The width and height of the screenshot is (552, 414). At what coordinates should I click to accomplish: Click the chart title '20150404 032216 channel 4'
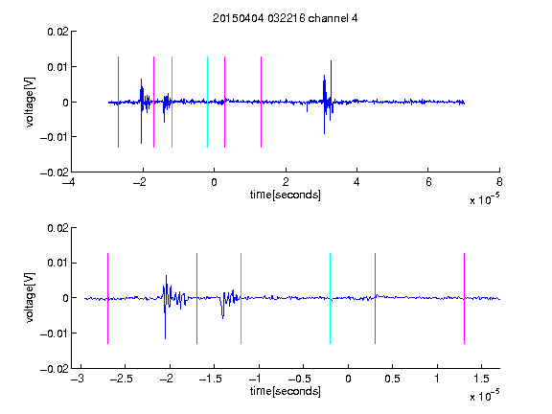(286, 18)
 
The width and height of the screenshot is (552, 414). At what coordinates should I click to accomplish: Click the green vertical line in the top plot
(172, 102)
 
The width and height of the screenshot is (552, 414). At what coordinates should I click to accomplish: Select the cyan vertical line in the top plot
(207, 102)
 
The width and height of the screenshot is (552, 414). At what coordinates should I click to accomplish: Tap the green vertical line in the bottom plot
(241, 298)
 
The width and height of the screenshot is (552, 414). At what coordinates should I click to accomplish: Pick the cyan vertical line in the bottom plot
(330, 298)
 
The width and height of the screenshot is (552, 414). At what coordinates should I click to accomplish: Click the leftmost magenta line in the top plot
(118, 102)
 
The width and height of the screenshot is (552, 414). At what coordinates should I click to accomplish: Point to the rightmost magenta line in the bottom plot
(464, 298)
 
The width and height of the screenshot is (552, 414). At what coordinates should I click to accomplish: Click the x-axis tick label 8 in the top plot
(499, 182)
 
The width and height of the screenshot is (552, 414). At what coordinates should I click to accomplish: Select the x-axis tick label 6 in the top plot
(428, 182)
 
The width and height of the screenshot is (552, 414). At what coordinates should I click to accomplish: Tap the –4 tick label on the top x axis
(69, 182)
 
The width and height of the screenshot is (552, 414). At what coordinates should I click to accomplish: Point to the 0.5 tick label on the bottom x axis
(392, 379)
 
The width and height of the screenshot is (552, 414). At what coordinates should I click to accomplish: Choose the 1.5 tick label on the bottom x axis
(481, 379)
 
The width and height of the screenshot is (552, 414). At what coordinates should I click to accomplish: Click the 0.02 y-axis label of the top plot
(57, 32)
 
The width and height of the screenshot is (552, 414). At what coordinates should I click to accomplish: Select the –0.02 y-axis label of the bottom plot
(55, 369)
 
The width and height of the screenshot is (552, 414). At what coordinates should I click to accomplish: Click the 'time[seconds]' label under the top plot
(286, 195)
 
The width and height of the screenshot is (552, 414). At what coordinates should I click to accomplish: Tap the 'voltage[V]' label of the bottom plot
(31, 297)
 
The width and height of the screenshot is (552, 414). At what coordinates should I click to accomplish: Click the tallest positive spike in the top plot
(331, 61)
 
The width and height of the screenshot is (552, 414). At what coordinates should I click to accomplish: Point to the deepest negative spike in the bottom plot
(165, 338)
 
